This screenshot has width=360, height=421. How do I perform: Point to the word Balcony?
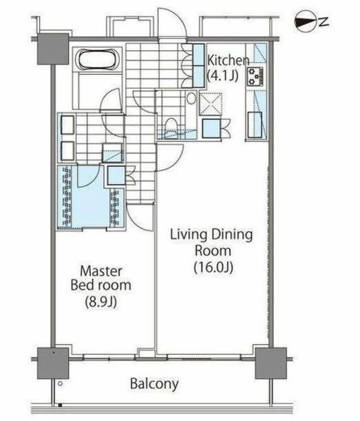154,384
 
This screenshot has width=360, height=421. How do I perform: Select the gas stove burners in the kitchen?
255,77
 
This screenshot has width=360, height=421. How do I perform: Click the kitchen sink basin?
255,125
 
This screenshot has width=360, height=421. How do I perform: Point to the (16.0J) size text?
213,267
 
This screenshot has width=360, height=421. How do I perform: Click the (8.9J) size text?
101,302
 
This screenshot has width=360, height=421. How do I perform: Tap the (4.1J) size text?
222,76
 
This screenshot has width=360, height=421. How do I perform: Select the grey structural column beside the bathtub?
53,49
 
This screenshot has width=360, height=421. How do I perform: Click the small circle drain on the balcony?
60,384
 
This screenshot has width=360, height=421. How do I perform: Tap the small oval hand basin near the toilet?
192,99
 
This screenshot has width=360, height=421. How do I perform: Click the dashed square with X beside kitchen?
211,104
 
